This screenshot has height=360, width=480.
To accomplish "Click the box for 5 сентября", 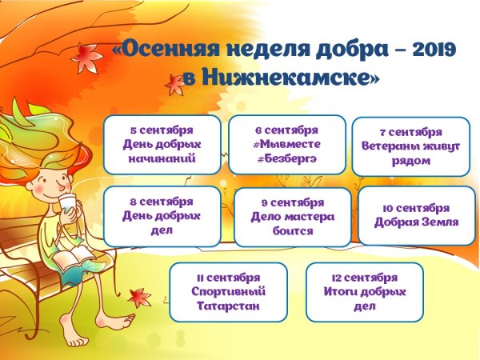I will click(x=162, y=144).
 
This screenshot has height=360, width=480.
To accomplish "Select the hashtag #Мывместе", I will click(x=287, y=143).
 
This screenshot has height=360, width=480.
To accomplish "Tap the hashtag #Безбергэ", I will click(x=287, y=158).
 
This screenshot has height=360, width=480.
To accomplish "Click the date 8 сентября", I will click(x=162, y=202).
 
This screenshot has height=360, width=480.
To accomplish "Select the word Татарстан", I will click(x=228, y=306).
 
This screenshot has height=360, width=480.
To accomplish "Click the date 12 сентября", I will click(x=364, y=277).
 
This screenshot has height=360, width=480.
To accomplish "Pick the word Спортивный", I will click(x=228, y=291).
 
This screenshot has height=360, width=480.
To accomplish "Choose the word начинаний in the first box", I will click(x=162, y=158).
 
